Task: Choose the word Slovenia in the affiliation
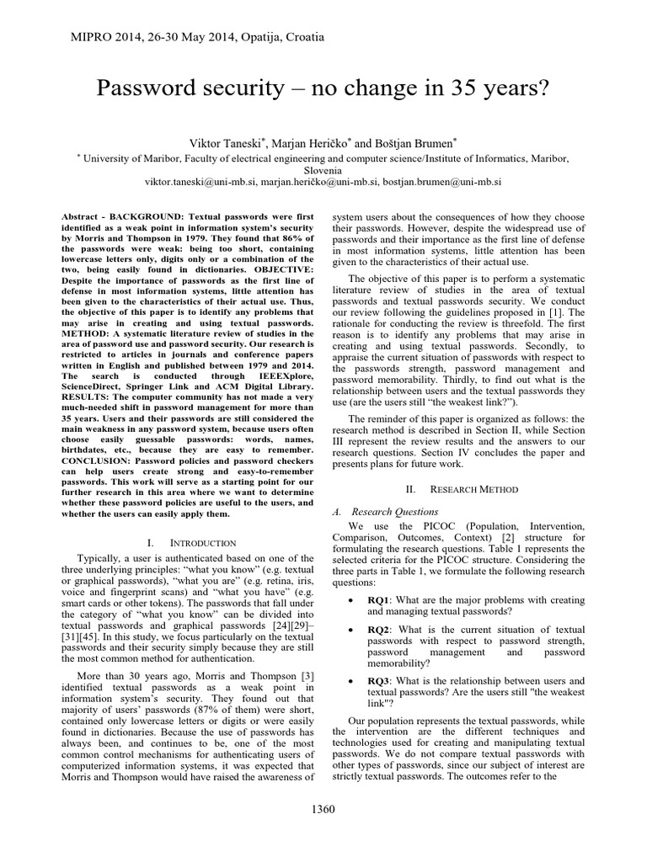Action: [x=323, y=168]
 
